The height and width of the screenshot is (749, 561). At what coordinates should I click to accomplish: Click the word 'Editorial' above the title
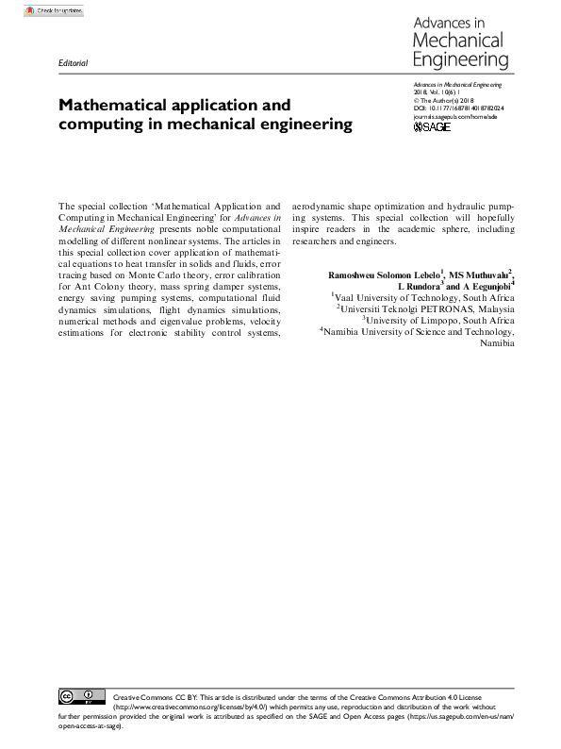[73, 63]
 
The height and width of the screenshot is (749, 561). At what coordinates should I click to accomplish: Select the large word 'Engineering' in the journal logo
[462, 60]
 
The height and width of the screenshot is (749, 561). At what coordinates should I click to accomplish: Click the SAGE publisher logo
[433, 126]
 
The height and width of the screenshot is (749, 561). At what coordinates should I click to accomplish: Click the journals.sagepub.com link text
[454, 116]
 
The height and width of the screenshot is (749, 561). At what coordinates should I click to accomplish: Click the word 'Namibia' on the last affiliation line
[497, 342]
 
